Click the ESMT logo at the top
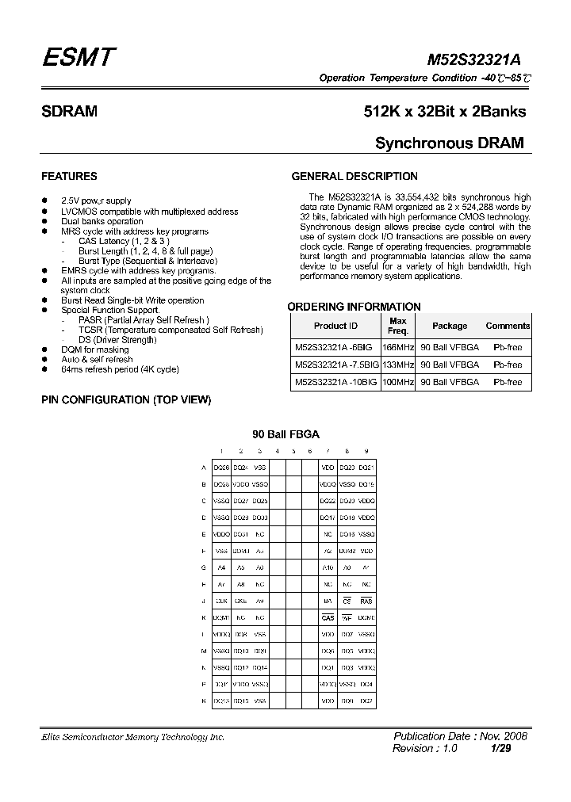click(79, 58)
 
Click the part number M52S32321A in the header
click(474, 60)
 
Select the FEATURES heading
click(69, 176)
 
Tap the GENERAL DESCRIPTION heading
click(354, 176)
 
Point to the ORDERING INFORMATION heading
click(354, 307)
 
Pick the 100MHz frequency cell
click(398, 382)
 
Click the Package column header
click(450, 326)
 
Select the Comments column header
click(508, 326)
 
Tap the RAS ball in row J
click(366, 601)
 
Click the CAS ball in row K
click(328, 618)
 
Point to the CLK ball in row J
click(221, 601)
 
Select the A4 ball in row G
click(221, 567)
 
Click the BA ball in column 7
click(328, 601)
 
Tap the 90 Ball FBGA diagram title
click(285, 434)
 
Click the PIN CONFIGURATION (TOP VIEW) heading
click(126, 400)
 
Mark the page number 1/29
click(500, 748)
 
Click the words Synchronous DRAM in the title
click(449, 143)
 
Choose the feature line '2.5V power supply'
click(96, 201)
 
